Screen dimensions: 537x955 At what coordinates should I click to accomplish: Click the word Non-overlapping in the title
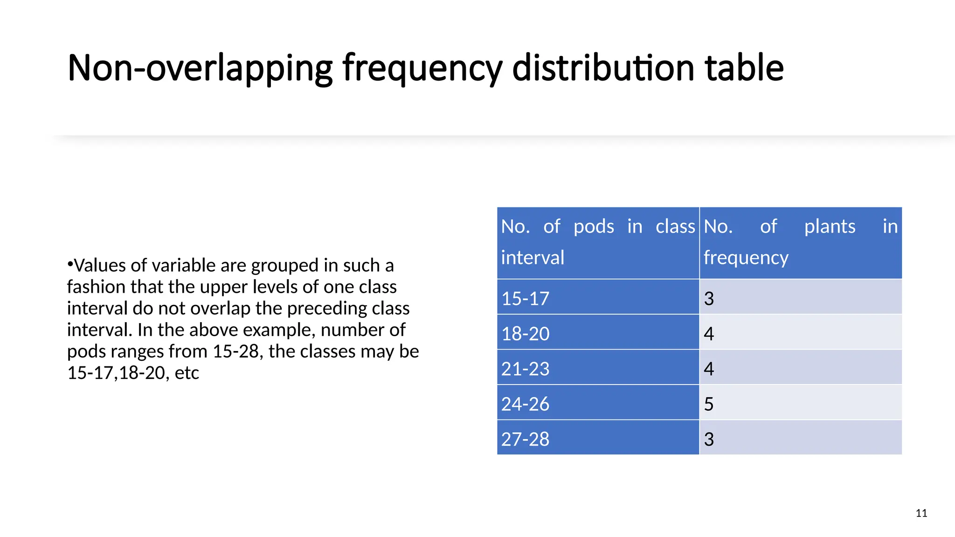point(200,68)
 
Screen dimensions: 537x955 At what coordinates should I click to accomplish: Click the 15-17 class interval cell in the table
point(525,298)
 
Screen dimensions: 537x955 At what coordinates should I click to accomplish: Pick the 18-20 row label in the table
point(525,334)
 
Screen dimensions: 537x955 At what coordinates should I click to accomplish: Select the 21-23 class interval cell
point(525,369)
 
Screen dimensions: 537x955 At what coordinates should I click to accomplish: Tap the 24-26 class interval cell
point(525,404)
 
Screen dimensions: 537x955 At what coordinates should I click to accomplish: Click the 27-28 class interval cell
point(525,439)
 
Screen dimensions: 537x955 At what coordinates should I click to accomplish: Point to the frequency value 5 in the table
point(709,404)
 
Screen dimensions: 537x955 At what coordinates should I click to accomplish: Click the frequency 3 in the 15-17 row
point(709,298)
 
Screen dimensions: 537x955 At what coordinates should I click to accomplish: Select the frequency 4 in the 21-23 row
point(709,369)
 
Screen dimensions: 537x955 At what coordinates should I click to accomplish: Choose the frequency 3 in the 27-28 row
point(709,439)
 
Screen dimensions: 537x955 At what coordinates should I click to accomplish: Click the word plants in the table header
point(830,227)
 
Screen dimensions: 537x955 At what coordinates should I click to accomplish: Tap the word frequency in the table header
point(746,258)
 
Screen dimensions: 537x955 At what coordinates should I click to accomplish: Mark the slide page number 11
point(921,513)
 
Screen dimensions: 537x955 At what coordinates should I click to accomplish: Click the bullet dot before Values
point(70,264)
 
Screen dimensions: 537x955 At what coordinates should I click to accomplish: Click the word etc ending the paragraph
point(187,373)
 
